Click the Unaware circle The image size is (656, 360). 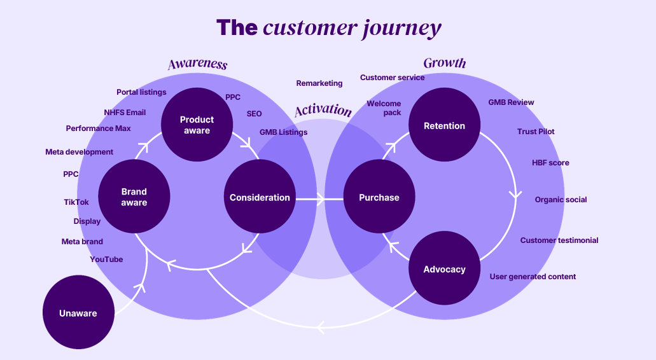(78, 312)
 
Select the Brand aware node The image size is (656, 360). (134, 197)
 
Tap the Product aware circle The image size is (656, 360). (197, 125)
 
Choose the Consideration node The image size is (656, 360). (260, 197)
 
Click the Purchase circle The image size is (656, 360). (379, 197)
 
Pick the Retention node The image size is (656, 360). (444, 125)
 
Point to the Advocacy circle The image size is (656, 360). (444, 268)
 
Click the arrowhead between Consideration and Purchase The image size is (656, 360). (321, 199)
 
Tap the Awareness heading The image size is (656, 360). (197, 64)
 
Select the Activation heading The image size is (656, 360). (323, 109)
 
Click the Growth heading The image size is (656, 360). (444, 63)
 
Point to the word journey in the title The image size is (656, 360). (401, 29)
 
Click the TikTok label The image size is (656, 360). (76, 202)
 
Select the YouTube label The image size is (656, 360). (106, 260)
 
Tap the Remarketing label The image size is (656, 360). (319, 83)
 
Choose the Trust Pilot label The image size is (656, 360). (536, 131)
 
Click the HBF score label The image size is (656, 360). (550, 163)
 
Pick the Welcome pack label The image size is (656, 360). (384, 108)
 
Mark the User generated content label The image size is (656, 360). (533, 277)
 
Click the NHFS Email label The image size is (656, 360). (125, 113)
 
